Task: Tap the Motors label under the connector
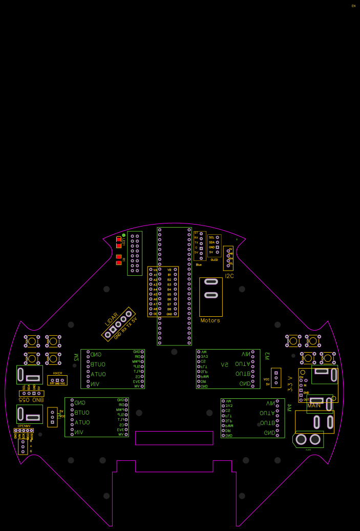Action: click(x=210, y=320)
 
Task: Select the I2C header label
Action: click(x=229, y=276)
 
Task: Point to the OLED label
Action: click(x=214, y=260)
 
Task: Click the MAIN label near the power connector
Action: click(x=314, y=405)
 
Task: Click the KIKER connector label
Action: click(x=57, y=373)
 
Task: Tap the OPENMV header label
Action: click(x=24, y=426)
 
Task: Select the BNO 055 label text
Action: click(x=31, y=399)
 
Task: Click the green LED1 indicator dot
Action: click(x=123, y=235)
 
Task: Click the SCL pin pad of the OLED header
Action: click(x=218, y=237)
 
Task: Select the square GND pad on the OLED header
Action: click(x=218, y=247)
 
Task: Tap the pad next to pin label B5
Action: click(x=176, y=290)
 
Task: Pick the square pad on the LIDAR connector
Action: click(x=108, y=335)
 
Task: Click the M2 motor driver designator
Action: click(x=76, y=357)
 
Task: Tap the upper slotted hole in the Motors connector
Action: click(x=210, y=281)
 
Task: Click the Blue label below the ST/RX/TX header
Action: click(x=199, y=264)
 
